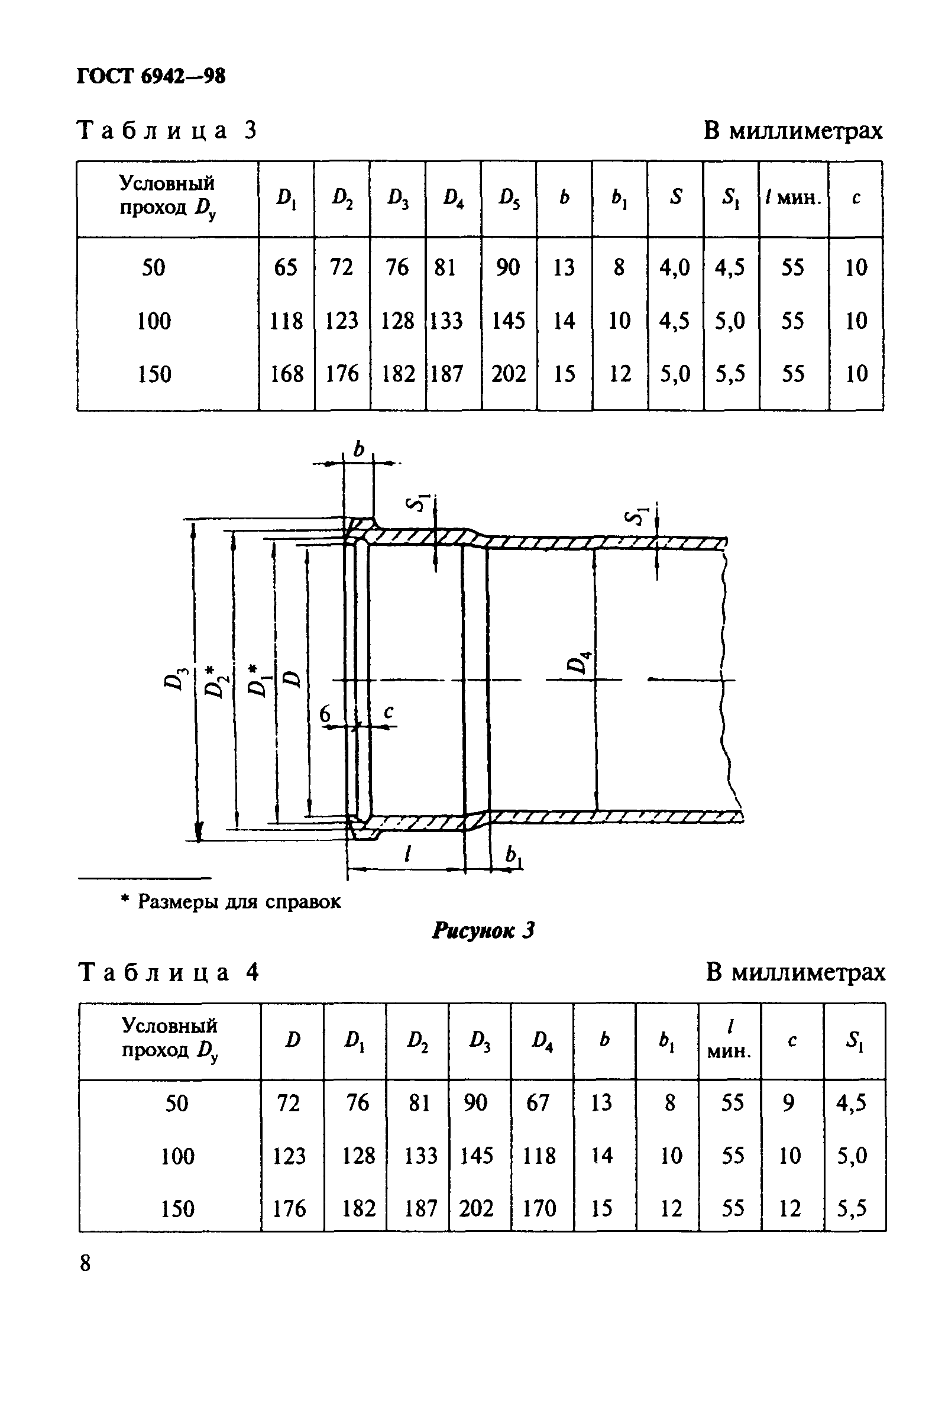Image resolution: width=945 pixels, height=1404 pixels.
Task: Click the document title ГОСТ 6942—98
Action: [x=151, y=76]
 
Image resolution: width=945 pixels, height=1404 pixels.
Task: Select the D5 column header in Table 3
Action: [x=508, y=198]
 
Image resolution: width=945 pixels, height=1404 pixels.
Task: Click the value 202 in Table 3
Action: [x=508, y=374]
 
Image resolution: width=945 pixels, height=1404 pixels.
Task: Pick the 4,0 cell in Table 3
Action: [x=674, y=267]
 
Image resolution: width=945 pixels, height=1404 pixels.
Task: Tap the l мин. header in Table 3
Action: [x=792, y=198]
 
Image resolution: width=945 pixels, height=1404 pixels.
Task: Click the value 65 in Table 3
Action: [x=286, y=267]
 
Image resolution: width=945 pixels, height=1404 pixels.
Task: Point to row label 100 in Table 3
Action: [x=154, y=321]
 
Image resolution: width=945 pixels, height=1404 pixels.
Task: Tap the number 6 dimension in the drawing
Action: [x=325, y=714]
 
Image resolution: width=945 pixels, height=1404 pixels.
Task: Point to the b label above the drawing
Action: [x=359, y=449]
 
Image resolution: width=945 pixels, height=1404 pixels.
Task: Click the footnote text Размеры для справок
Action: [x=239, y=901]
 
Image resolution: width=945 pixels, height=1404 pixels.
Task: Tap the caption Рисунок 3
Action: [x=483, y=931]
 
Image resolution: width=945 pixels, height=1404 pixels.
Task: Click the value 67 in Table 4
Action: [x=538, y=1103]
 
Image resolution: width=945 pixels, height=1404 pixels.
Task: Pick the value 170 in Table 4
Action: [x=539, y=1208]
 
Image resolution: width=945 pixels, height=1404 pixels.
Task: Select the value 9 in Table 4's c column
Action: [x=788, y=1103]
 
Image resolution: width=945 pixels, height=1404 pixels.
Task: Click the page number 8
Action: [x=86, y=1263]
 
